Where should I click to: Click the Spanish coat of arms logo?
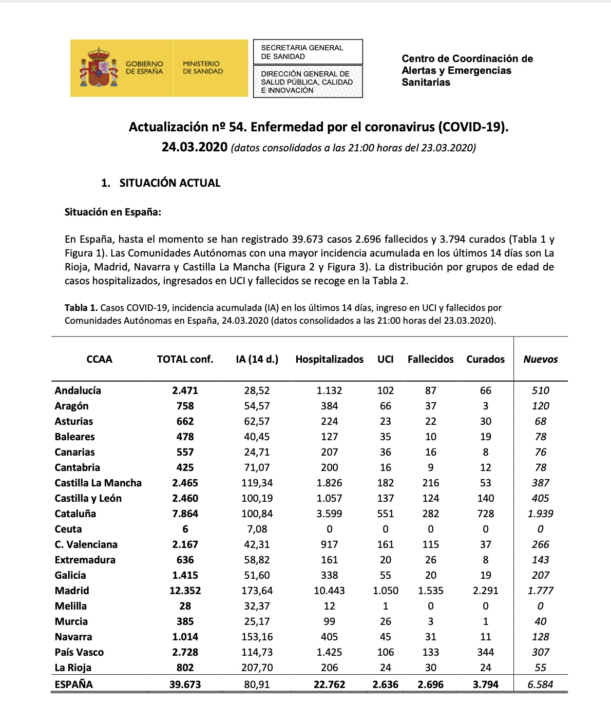97,67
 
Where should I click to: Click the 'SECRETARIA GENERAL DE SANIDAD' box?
308,52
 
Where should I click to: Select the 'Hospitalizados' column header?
329,359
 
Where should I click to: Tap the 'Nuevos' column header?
540,359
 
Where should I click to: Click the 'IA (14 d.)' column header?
257,359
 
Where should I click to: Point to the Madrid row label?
72,591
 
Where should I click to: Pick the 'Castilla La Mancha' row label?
98,483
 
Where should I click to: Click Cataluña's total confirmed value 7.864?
185,514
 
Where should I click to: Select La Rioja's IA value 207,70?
257,668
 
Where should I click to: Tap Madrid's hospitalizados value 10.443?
329,591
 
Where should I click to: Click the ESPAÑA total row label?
74,684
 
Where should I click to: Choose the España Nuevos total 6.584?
540,684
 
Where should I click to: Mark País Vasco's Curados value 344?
485,652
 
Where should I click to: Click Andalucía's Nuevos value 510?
540,390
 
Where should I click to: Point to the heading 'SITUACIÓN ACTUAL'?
169,183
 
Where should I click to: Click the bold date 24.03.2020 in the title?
194,147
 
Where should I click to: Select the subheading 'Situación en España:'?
113,212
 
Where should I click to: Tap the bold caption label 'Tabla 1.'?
81,308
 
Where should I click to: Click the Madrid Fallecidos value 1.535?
430,591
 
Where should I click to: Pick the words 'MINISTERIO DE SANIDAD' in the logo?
203,68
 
